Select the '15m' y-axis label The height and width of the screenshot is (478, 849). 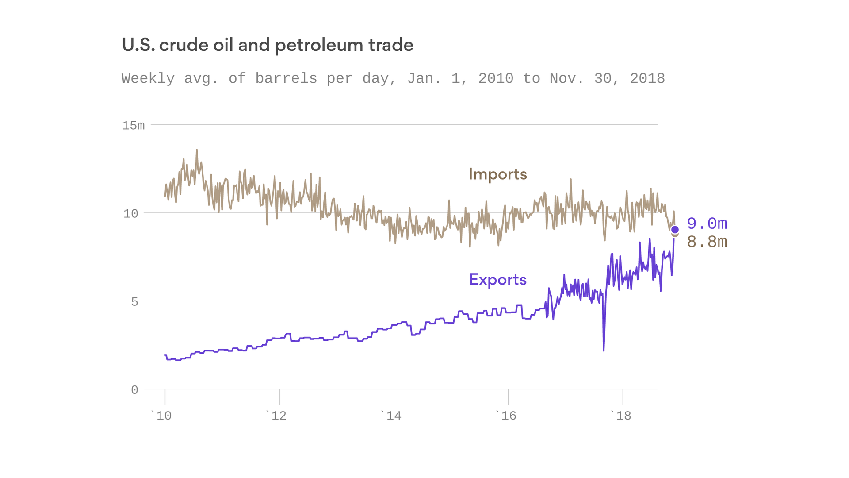coord(133,126)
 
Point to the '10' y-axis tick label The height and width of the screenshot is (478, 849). coord(131,214)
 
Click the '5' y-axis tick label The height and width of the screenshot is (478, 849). coord(134,302)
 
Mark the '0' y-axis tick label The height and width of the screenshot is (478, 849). coord(134,390)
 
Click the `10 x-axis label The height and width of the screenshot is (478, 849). coord(162,416)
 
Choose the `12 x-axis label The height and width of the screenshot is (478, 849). coord(276,416)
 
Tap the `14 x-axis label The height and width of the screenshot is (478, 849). coord(391,416)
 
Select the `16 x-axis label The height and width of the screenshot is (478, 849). coord(506,416)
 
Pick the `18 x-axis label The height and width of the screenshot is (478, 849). coord(621,416)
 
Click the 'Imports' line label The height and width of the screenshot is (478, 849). coord(498,174)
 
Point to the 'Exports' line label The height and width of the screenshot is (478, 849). coord(498,280)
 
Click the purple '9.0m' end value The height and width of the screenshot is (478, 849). coord(707,224)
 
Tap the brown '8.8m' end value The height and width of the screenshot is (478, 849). coord(707,242)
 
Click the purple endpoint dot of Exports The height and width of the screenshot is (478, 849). coord(675,230)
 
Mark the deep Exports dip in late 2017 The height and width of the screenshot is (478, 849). coord(604,350)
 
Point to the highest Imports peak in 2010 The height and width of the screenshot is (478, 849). coord(197,150)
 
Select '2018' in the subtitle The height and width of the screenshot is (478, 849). coord(647,79)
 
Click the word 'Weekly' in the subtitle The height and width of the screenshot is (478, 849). coord(148,79)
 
